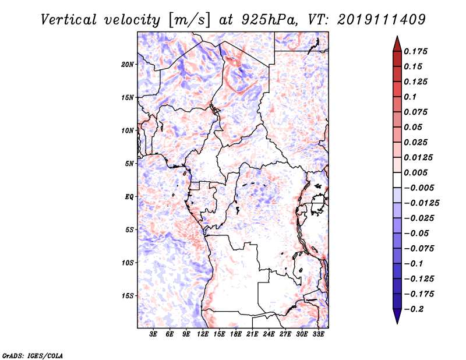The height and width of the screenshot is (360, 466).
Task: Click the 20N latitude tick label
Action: (x=127, y=65)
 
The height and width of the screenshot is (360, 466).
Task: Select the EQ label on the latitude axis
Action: (x=129, y=197)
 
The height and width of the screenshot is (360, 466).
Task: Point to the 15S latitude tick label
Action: (x=128, y=296)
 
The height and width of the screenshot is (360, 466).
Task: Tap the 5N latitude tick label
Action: (x=129, y=164)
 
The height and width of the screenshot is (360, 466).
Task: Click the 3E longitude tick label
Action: (x=153, y=334)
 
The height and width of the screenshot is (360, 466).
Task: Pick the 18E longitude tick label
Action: (x=235, y=334)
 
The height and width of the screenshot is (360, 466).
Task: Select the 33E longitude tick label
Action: (x=318, y=334)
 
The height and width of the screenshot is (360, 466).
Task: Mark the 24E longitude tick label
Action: (x=269, y=334)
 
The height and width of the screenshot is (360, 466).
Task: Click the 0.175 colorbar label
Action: (x=415, y=51)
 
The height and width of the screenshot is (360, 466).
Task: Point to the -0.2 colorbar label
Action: (x=414, y=309)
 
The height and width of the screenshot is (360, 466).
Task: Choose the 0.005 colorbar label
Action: (x=415, y=172)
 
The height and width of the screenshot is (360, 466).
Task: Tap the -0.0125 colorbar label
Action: (x=421, y=203)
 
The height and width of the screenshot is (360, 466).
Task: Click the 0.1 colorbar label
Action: (x=410, y=97)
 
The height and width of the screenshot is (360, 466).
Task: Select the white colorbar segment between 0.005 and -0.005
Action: (x=397, y=180)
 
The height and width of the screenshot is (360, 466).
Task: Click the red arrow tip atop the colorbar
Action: (x=397, y=37)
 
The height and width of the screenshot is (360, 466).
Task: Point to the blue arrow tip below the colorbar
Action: (x=397, y=323)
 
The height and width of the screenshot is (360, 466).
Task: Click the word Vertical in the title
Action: (x=69, y=20)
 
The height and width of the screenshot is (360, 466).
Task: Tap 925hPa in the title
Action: (x=269, y=20)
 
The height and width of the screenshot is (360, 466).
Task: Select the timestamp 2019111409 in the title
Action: (x=382, y=20)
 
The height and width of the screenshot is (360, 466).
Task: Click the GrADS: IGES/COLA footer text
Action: (x=33, y=355)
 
